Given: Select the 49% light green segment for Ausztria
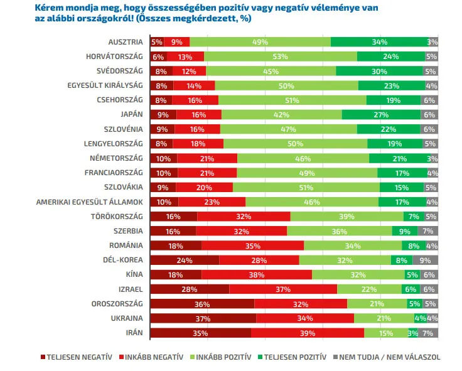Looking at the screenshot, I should (x=260, y=42).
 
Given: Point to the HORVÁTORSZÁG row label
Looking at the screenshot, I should (x=115, y=56).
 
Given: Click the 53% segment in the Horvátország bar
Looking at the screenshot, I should (x=280, y=56).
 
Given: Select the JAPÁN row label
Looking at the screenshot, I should (x=132, y=114).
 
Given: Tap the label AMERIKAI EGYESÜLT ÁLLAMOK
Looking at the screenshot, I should (x=90, y=202).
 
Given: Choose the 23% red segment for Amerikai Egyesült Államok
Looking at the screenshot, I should (x=212, y=202).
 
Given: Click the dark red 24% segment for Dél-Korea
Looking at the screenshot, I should (x=185, y=260).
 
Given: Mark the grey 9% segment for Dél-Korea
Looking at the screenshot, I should (x=425, y=260).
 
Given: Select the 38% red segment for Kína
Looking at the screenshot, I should (x=257, y=274).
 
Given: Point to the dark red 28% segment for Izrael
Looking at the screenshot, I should (x=190, y=289).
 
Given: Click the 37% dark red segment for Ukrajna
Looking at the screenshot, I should (x=203, y=318).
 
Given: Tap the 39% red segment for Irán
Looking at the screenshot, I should (x=307, y=333).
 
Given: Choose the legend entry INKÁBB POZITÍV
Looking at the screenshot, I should (x=218, y=357).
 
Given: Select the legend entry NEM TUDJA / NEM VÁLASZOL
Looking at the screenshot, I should (x=389, y=357).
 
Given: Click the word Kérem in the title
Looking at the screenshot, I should (x=50, y=8).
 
